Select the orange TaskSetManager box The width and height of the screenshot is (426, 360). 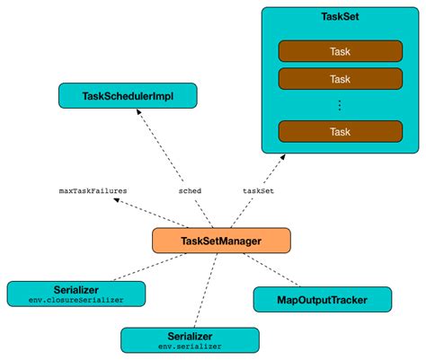coord(220,240)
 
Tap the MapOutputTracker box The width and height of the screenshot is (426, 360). coord(323,298)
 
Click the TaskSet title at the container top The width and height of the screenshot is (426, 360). coord(341,17)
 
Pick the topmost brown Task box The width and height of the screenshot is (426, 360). coord(341,50)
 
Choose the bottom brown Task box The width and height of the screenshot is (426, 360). coord(341,131)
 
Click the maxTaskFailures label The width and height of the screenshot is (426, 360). coord(93,190)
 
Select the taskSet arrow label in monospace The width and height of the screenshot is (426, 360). coord(260,190)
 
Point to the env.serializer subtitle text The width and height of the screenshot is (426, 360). coord(190,345)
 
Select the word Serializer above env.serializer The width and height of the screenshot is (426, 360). coord(190,334)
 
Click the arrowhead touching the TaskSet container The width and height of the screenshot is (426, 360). coord(282,156)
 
